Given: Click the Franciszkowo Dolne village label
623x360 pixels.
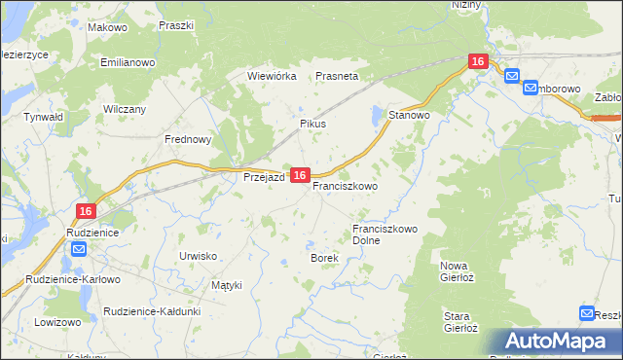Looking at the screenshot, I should click(x=385, y=234).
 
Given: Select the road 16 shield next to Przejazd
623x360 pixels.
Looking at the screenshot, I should click(x=300, y=175).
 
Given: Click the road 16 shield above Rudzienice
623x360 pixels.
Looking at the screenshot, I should click(x=86, y=211).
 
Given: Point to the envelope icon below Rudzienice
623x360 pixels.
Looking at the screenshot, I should click(x=79, y=250).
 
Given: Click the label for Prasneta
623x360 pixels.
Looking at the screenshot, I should click(x=337, y=75).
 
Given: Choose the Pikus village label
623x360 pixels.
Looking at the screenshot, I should click(x=312, y=125).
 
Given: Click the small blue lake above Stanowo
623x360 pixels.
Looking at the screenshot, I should click(x=377, y=117).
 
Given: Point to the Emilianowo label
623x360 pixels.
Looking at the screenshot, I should click(x=128, y=62).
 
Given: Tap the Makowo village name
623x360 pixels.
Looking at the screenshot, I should click(x=107, y=27).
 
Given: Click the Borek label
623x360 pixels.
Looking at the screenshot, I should click(x=323, y=258).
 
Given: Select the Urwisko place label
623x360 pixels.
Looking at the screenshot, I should click(x=198, y=255).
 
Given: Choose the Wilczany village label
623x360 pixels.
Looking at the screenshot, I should click(x=125, y=109).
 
